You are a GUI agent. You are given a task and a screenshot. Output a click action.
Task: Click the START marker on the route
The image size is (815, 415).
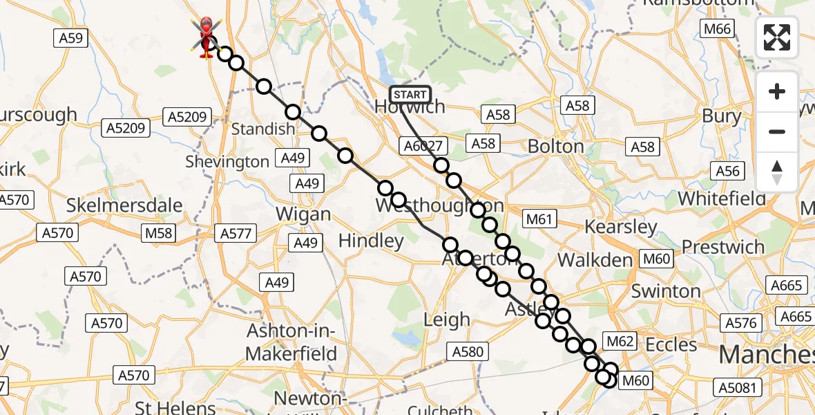[410, 95]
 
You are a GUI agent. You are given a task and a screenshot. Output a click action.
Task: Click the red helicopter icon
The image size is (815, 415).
[207, 36]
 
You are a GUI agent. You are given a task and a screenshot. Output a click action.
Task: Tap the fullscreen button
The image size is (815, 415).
[777, 37]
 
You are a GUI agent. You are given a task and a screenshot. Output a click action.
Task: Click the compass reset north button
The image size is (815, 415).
[777, 172]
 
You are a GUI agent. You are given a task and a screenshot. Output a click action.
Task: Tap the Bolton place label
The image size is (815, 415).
[555, 147]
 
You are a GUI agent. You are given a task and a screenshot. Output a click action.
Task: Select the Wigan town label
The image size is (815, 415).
[303, 214]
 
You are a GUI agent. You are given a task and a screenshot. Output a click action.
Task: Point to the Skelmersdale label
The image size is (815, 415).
[124, 205]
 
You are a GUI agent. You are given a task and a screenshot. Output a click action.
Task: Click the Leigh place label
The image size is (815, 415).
[447, 320]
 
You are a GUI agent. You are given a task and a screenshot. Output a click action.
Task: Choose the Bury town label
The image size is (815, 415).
[721, 116]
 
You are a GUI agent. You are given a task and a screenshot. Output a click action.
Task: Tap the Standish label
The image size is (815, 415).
[262, 129]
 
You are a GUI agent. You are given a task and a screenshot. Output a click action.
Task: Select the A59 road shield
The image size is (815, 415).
[71, 38]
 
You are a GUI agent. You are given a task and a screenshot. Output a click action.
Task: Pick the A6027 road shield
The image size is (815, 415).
[423, 145]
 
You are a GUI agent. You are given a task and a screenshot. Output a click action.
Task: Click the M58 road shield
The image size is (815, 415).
[158, 233]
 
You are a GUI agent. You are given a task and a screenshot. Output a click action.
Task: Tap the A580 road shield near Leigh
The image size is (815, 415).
[468, 351]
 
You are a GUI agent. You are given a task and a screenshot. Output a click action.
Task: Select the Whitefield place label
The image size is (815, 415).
[722, 199]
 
